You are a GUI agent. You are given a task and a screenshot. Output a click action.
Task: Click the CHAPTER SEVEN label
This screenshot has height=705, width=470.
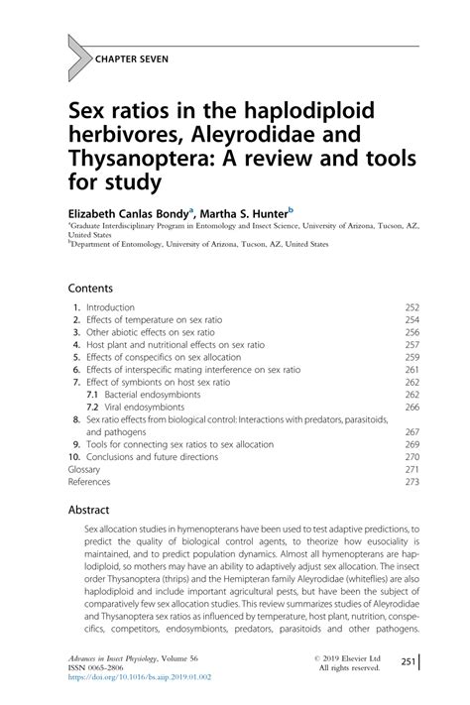(x=132, y=59)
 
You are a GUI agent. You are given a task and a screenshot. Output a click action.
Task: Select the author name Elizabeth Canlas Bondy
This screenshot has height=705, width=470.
(x=128, y=211)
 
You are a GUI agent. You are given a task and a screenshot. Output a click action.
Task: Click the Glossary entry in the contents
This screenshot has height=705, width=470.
(x=84, y=469)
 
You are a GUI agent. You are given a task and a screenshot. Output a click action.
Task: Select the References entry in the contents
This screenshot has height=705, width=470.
(x=88, y=481)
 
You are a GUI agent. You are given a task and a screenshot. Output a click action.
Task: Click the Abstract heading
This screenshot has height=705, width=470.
(x=94, y=508)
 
